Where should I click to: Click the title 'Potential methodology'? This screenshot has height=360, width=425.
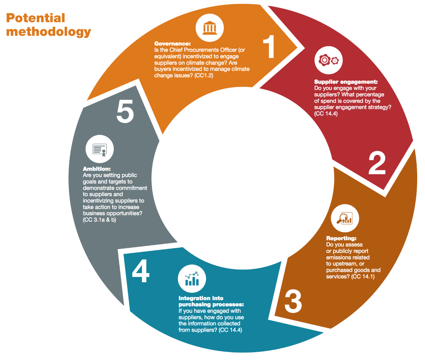[48, 24]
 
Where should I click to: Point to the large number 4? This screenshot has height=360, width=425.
[140, 272]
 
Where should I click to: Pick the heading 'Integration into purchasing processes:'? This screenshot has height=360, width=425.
[211, 301]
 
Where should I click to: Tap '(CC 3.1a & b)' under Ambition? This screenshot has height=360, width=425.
[99, 219]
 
